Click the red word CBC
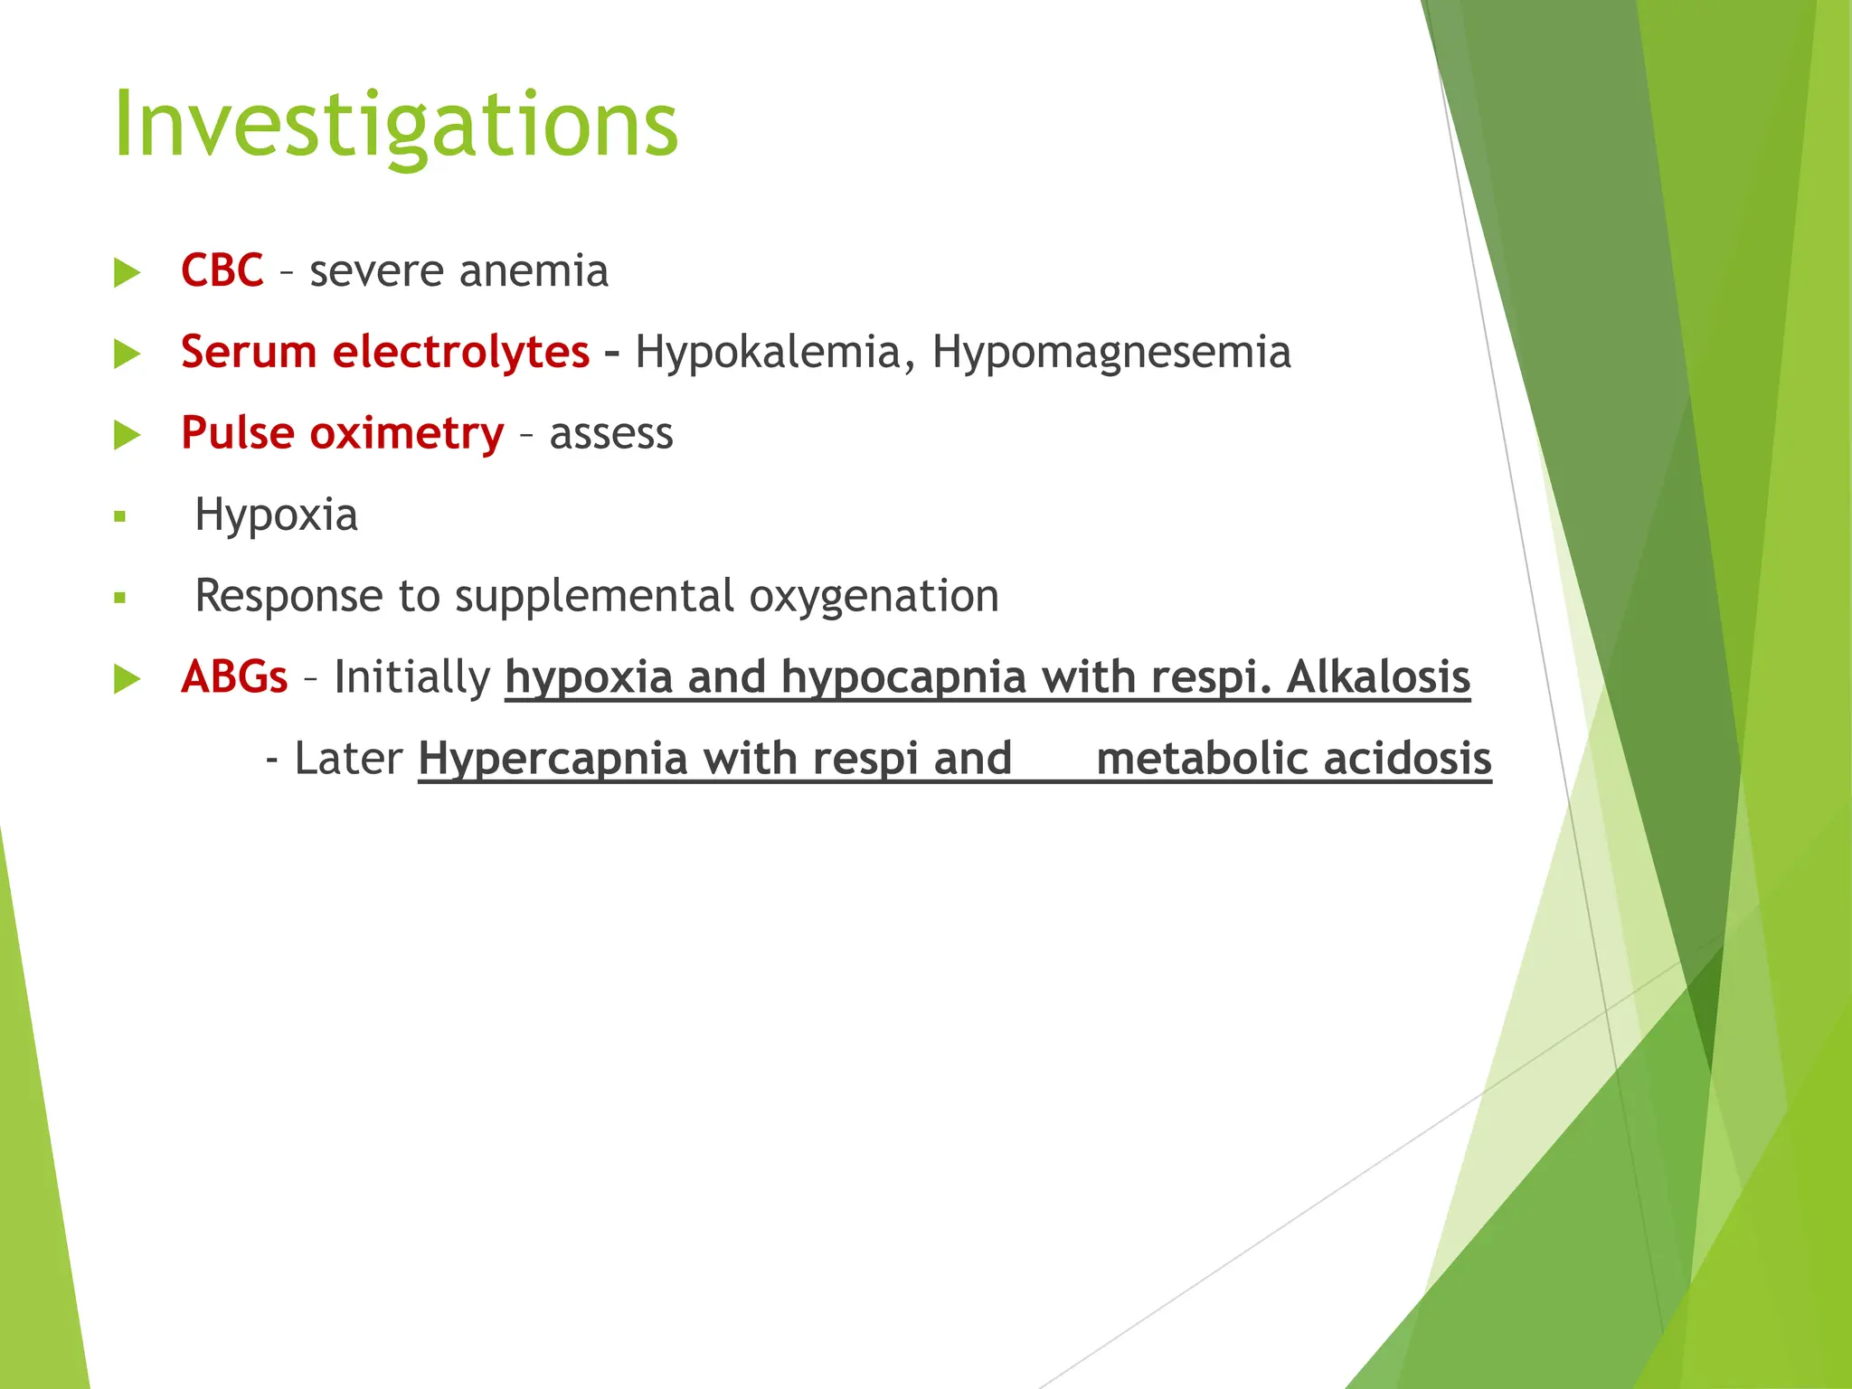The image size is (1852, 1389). (222, 270)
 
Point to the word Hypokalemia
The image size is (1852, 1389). (767, 353)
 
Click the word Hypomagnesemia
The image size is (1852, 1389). (1110, 353)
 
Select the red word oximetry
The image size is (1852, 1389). (406, 433)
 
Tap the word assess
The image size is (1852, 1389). (611, 434)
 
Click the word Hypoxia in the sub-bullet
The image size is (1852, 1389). (276, 515)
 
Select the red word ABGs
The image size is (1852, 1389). (234, 676)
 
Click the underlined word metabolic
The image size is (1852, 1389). (1201, 758)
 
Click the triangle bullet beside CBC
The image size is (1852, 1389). (128, 272)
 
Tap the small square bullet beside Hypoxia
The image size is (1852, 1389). (119, 517)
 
